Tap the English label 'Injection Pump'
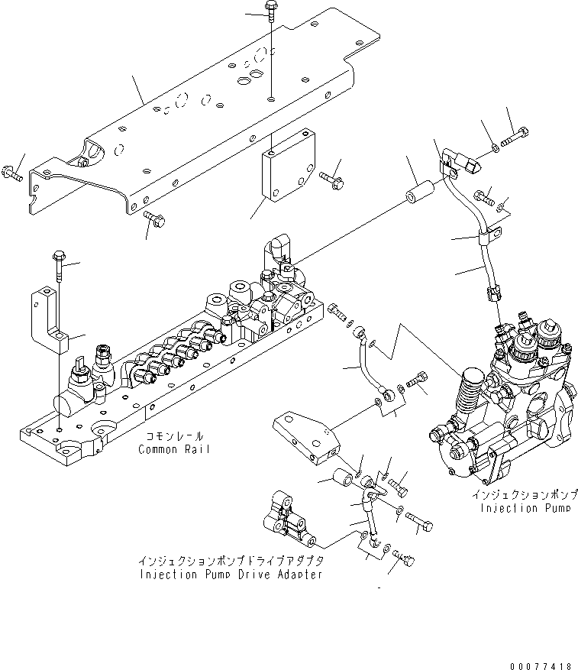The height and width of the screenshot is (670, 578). pyautogui.click(x=525, y=508)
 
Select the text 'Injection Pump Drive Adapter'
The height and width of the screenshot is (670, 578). pyautogui.click(x=230, y=574)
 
